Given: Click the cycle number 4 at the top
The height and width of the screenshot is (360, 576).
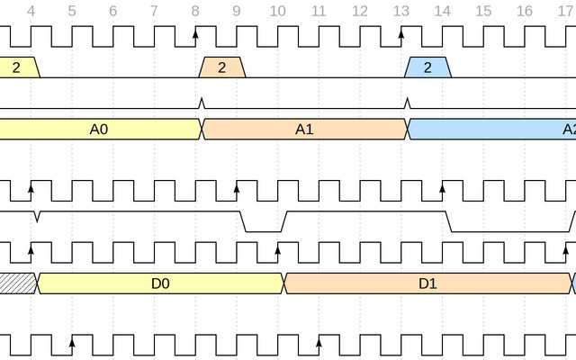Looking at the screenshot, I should [x=31, y=12].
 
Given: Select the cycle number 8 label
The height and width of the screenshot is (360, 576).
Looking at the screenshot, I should [x=195, y=12].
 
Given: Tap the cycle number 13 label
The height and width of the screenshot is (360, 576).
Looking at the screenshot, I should [x=400, y=12].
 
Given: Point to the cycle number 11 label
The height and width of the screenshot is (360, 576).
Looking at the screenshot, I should [x=318, y=12].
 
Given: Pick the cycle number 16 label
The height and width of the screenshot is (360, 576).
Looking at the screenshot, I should [x=525, y=12].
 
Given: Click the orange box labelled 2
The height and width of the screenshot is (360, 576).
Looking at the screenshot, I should [x=222, y=67].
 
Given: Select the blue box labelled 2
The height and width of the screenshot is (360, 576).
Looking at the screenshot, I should [x=427, y=67].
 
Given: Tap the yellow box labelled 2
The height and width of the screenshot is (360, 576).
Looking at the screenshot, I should [x=17, y=67].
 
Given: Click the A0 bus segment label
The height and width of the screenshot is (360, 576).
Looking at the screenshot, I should [x=99, y=130].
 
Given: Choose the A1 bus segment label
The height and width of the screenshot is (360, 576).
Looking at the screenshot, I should [x=304, y=130].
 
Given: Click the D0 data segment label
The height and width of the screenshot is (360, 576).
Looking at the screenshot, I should [x=160, y=283].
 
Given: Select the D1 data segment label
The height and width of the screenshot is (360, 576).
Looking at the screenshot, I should [x=427, y=283].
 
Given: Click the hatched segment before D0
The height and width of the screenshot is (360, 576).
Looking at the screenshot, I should [x=16, y=283].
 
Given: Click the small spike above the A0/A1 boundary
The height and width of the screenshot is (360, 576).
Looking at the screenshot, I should [x=202, y=103].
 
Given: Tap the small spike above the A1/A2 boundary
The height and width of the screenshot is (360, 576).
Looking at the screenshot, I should [x=407, y=103].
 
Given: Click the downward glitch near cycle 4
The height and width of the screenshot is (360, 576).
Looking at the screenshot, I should [x=37, y=217].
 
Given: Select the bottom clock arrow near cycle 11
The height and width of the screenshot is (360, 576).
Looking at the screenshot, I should [x=319, y=342].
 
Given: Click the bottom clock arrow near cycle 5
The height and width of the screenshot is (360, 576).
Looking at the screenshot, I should [x=72, y=342].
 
